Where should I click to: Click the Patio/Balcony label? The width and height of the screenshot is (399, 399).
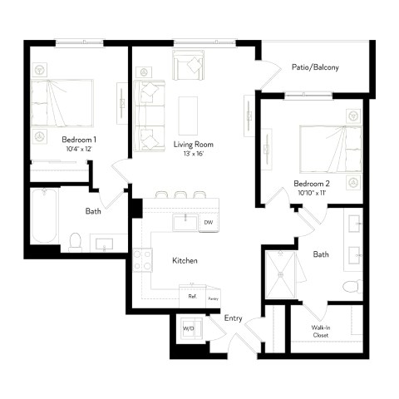pyautogui.click(x=314, y=67)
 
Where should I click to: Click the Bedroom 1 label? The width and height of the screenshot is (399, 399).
pyautogui.click(x=78, y=140)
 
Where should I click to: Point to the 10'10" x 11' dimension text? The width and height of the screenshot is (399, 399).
pyautogui.click(x=311, y=192)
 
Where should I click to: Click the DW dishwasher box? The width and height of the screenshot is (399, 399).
pyautogui.click(x=208, y=222)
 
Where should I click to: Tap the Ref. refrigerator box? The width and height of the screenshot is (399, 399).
pyautogui.click(x=192, y=296)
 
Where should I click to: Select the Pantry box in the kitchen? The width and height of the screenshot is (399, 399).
pyautogui.click(x=212, y=296)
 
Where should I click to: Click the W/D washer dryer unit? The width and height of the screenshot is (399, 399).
pyautogui.click(x=188, y=328)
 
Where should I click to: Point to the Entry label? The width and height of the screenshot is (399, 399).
pyautogui.click(x=234, y=318)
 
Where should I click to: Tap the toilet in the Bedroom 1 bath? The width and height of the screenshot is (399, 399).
pyautogui.click(x=75, y=241)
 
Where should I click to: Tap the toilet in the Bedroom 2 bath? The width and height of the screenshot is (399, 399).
pyautogui.click(x=352, y=288)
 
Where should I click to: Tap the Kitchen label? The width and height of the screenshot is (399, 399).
pyautogui.click(x=185, y=261)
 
